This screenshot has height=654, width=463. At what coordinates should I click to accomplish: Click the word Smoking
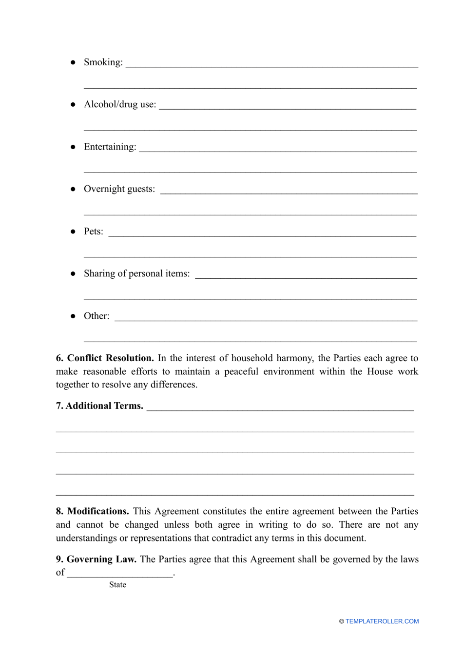pos(102,62)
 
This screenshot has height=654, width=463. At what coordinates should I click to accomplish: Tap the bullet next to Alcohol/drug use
pos(73,104)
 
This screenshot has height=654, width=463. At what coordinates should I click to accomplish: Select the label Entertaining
pos(110,147)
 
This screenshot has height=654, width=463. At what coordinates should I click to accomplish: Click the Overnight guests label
pos(119,189)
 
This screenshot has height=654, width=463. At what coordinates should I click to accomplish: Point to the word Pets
pos(93,231)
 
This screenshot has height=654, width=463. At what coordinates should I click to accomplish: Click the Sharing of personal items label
pos(136,273)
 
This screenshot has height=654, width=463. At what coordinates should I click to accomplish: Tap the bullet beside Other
pos(73,316)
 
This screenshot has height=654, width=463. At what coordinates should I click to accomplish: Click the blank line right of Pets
pos(262,235)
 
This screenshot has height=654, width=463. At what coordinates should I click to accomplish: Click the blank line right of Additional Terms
pos(280,409)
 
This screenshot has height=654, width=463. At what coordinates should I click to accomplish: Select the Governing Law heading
pos(101,559)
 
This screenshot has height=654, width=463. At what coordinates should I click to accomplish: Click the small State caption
pos(117,585)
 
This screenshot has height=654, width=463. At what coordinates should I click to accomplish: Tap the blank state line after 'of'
pos(120,576)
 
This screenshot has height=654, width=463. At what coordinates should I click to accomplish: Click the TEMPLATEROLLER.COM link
pos(382,621)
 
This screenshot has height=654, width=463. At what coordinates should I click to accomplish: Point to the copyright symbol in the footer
pos(342,621)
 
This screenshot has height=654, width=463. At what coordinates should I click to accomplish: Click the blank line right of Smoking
pos(271,66)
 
